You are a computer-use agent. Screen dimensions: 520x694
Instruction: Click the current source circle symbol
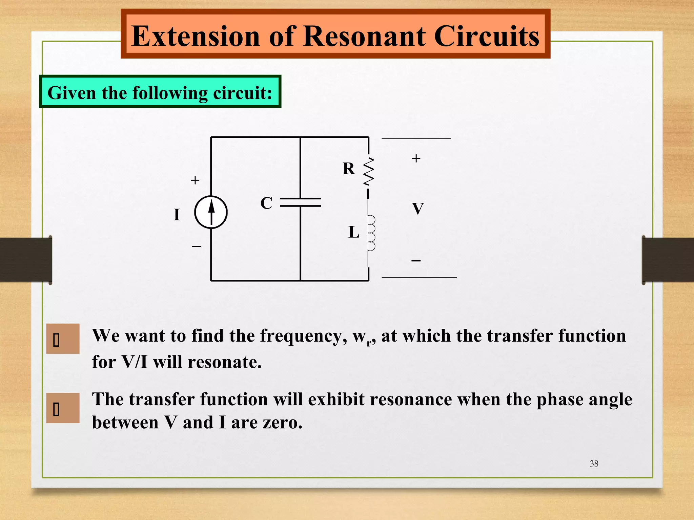pos(211,212)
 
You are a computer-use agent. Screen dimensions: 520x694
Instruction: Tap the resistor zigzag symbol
pos(369,171)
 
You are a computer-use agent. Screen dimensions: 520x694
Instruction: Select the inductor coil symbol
pos(371,233)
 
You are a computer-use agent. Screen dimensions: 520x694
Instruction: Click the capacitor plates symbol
pos(300,202)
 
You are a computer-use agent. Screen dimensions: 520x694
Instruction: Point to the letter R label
pos(349,169)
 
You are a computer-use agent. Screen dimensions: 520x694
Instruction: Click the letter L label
pos(354,233)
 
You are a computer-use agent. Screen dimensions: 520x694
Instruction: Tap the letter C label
pos(266,203)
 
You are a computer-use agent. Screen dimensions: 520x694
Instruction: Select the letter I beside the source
pos(177,215)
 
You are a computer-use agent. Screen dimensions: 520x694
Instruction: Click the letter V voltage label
pos(418,209)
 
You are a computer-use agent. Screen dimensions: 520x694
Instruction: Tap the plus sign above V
pos(416,158)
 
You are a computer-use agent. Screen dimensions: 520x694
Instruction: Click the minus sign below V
pos(416,261)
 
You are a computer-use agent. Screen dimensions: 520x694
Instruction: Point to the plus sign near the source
pos(195,180)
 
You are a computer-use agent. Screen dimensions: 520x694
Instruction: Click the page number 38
pos(594,463)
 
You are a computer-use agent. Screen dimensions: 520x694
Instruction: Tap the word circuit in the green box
pos(240,93)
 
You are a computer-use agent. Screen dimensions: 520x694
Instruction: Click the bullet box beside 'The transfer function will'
pos(63,408)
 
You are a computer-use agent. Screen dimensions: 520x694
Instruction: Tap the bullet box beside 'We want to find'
pos(63,339)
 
